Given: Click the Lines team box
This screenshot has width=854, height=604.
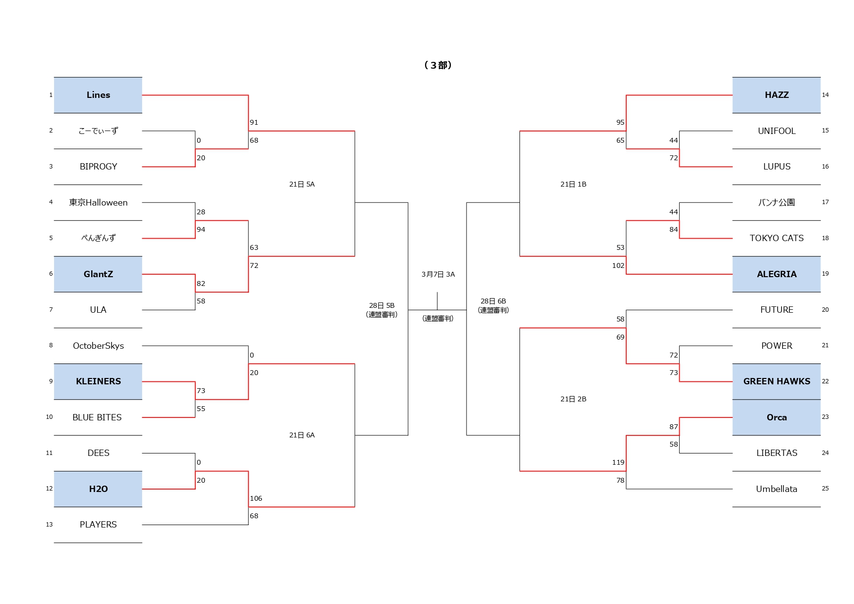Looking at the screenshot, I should [98, 95].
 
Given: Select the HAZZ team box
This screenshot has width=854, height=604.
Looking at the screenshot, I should [777, 95].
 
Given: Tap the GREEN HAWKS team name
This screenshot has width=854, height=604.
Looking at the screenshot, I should [777, 381].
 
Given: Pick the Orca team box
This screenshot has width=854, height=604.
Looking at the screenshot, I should [777, 417].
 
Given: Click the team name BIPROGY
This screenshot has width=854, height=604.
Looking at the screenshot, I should [98, 167].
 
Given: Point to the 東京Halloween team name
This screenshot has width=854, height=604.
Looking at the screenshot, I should [98, 203].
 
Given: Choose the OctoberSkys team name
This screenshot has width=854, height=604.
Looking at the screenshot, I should [98, 346].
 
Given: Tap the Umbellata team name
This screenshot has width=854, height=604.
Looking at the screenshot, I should [777, 489].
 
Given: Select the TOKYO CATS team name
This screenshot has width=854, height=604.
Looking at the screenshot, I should [777, 238].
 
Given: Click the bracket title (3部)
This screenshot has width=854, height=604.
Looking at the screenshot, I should [438, 65].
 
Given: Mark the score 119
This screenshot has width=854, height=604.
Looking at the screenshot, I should [618, 462].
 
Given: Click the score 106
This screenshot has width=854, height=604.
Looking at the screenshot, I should [256, 498].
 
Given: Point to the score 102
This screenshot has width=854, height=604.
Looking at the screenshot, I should [618, 265].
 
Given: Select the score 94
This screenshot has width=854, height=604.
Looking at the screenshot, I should [201, 229].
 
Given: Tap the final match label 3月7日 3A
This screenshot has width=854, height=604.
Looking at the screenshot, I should [438, 275].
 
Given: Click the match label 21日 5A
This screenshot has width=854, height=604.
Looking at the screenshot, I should [302, 184].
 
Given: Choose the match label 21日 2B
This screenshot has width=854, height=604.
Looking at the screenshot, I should [573, 399].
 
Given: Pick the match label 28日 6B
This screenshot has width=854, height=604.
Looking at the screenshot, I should [493, 301].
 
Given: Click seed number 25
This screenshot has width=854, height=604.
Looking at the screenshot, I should [825, 489].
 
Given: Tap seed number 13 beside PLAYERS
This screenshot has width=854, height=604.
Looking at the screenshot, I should [49, 525].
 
